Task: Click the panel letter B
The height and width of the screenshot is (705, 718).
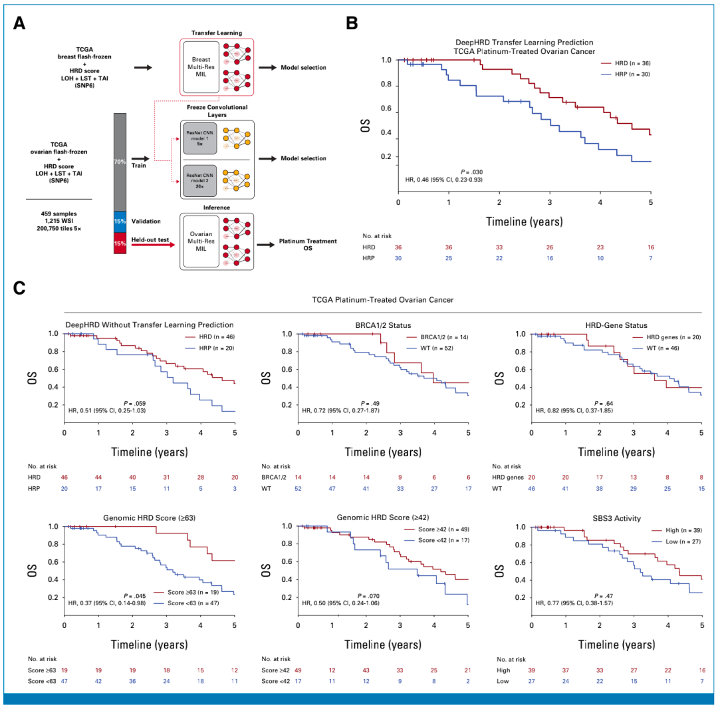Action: click(352, 23)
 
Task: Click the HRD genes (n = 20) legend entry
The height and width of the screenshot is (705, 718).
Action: click(661, 338)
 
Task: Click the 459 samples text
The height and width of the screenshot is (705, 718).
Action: click(59, 213)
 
